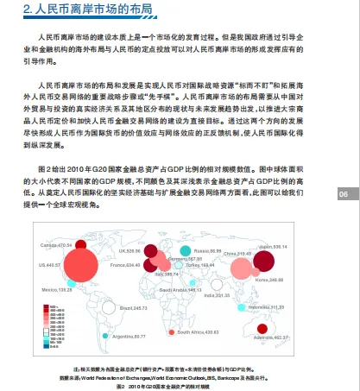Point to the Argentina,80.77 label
129,337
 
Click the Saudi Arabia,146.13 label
183,291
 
